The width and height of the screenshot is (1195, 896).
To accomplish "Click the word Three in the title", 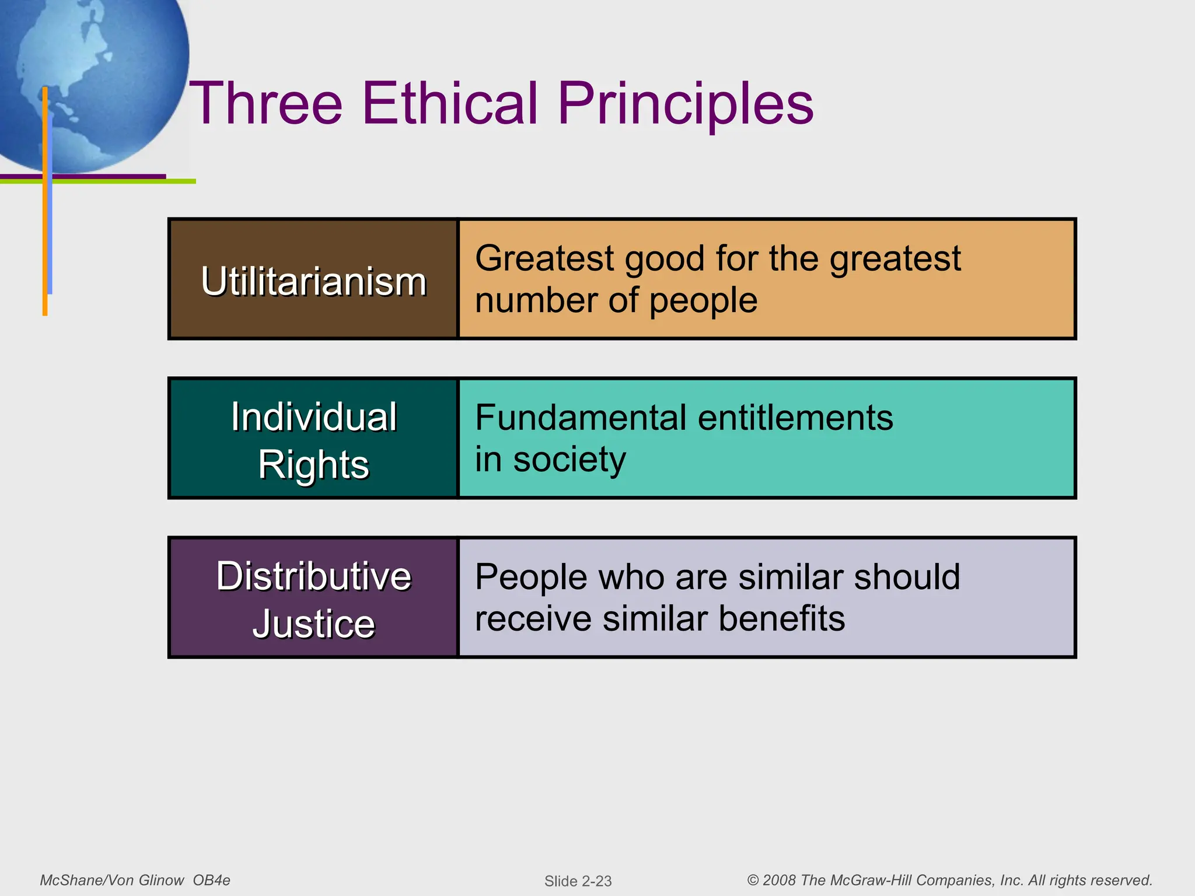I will (x=266, y=103).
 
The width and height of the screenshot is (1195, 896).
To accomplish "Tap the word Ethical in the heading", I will (x=449, y=103).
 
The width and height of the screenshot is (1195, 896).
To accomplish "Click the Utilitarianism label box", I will (x=313, y=281).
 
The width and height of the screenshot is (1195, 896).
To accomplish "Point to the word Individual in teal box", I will (x=313, y=418).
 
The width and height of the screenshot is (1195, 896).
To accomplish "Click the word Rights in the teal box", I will (x=313, y=465).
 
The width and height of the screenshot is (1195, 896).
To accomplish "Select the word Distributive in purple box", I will (x=313, y=576).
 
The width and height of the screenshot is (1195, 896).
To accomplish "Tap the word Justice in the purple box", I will (x=313, y=624).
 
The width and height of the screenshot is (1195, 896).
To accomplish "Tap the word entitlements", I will (x=795, y=418).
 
